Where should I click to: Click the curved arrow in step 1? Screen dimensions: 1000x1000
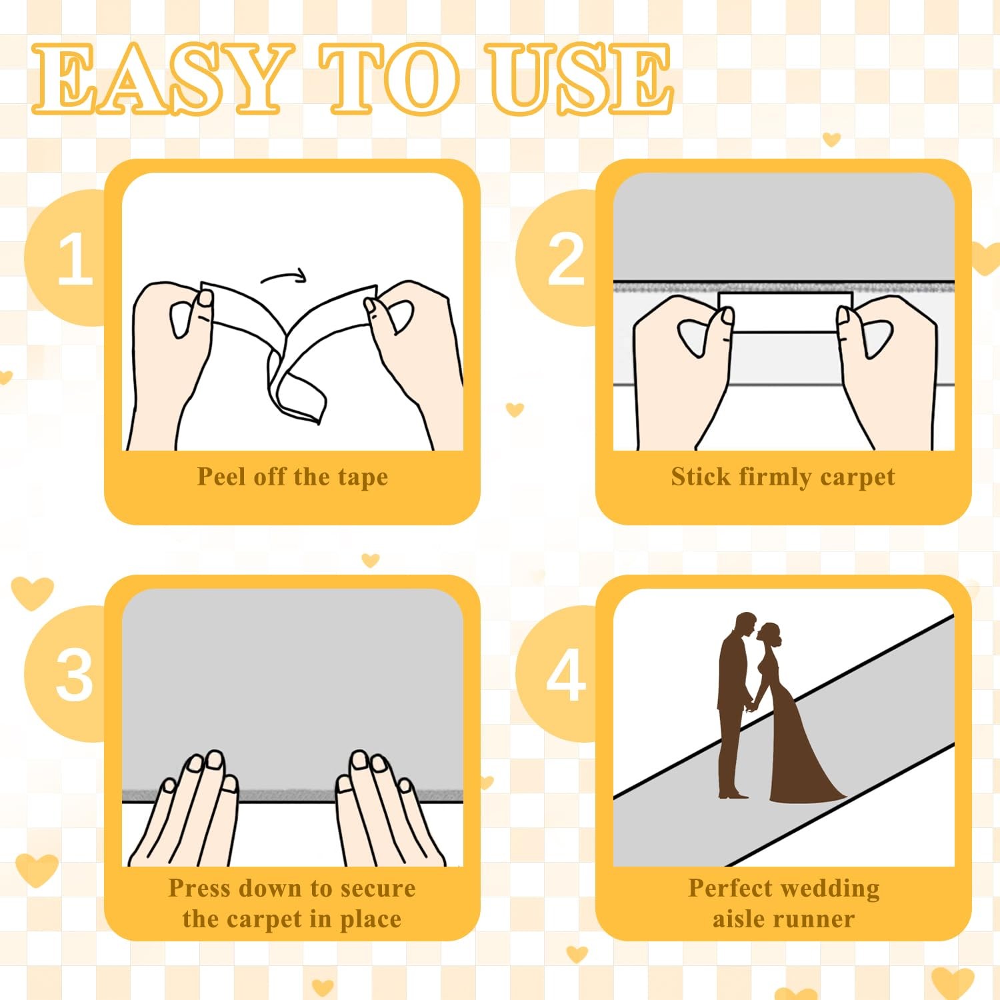[x=283, y=275]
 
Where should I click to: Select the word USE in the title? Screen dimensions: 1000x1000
[x=579, y=77]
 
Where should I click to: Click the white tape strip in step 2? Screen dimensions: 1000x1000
[x=785, y=311]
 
